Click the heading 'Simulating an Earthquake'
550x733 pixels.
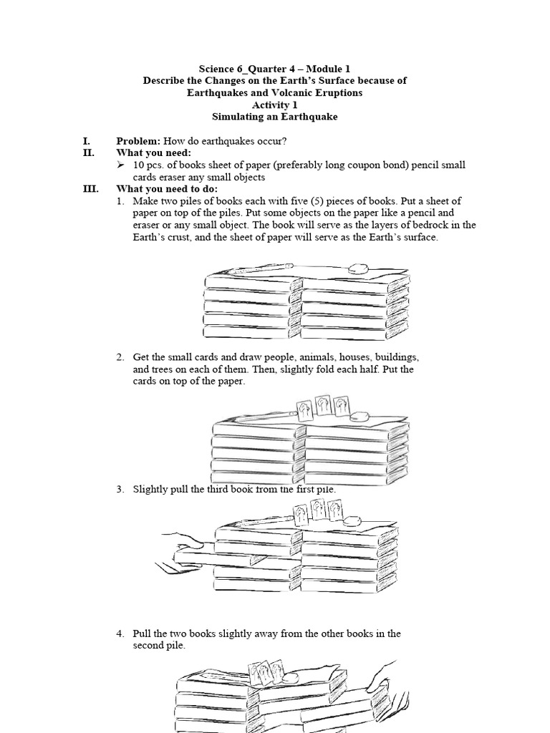pos(274,116)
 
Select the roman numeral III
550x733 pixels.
pos(90,189)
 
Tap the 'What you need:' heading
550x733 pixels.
pos(153,153)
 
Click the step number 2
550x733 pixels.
pos(120,357)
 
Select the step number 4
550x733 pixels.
pos(120,634)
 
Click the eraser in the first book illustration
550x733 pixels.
pos(357,269)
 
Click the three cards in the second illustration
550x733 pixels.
pos(322,405)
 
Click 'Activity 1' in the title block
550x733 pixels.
pos(274,105)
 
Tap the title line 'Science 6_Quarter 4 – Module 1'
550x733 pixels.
pos(274,69)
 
